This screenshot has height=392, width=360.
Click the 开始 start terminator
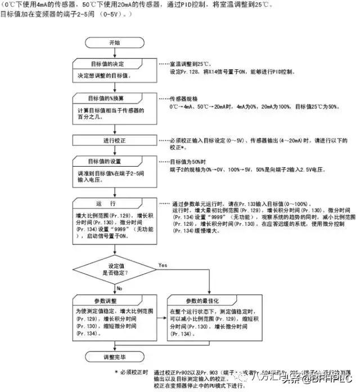(114, 43)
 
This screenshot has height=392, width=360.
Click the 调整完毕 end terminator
(114, 357)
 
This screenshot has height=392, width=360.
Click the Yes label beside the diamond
(163, 265)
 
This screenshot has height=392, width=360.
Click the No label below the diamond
(119, 287)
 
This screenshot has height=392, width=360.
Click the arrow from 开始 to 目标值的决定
(114, 53)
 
